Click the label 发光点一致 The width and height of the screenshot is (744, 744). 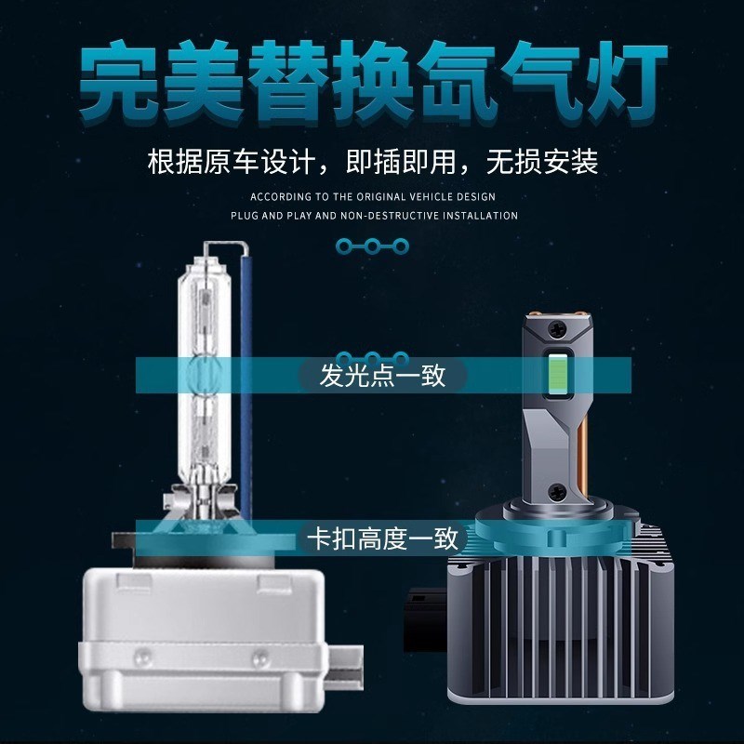(x=382, y=376)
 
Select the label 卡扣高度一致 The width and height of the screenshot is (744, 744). (x=382, y=538)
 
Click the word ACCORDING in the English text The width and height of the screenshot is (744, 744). (x=277, y=197)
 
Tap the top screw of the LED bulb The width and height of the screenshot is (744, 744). (x=555, y=327)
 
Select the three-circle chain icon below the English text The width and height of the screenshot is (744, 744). (x=371, y=246)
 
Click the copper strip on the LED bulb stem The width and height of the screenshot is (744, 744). (x=585, y=437)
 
